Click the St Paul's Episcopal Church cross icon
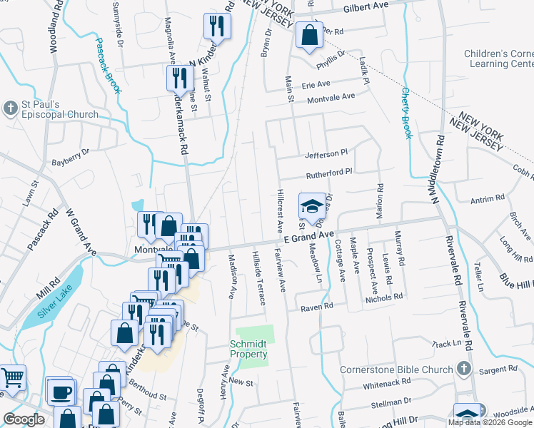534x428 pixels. click(11, 108)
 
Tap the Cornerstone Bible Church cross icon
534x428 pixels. click(463, 369)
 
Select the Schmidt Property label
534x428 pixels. click(248, 349)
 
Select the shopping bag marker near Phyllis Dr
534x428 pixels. click(308, 35)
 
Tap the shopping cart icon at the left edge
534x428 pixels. click(13, 377)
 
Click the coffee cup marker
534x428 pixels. click(59, 390)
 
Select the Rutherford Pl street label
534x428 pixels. click(329, 172)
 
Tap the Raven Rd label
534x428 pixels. click(317, 306)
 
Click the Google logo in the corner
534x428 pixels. click(24, 420)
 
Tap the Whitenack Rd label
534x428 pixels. click(386, 384)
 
